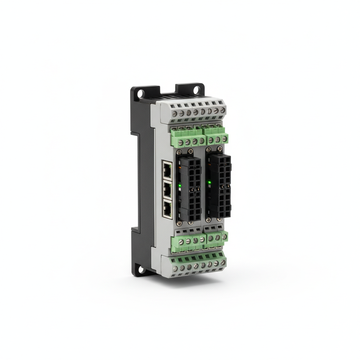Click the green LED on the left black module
click(180, 185)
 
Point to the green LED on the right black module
click(209, 182)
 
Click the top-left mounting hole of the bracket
click(140, 94)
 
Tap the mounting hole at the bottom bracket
click(141, 270)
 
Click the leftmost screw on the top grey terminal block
click(175, 114)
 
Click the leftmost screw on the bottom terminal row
click(175, 269)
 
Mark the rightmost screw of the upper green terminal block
click(224, 139)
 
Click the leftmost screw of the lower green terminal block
click(181, 242)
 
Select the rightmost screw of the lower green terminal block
click(224, 237)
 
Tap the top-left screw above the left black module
click(179, 153)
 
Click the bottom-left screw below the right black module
click(208, 220)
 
